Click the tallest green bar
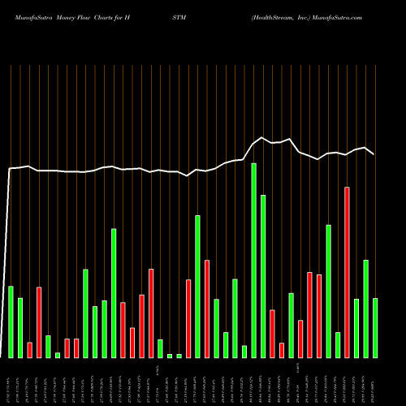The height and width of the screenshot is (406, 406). tap(254, 260)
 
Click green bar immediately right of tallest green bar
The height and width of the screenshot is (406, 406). tap(263, 276)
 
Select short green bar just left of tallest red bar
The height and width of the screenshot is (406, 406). tap(338, 344)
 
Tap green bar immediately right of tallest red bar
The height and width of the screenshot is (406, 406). tap(356, 328)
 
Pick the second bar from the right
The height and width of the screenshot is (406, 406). tap(366, 309)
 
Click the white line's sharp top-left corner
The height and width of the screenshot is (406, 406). tap(10, 169)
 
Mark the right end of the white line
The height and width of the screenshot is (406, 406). tap(374, 153)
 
